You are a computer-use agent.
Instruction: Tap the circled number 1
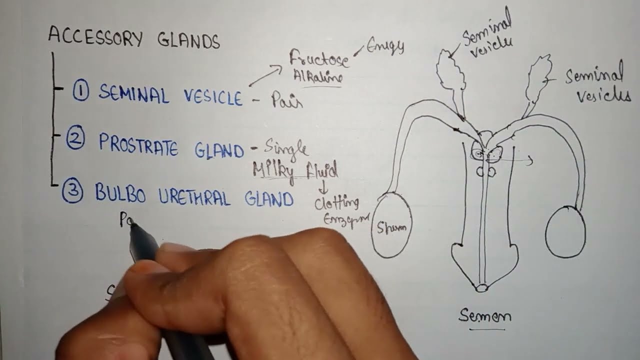coord(81,91)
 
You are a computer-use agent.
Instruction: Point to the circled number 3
coord(73,192)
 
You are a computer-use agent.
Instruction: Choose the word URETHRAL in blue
coord(194,198)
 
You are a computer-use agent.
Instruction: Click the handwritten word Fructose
coord(319,59)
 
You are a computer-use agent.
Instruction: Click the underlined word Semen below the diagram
coord(485,316)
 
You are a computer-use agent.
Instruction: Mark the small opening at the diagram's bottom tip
coord(482,288)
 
